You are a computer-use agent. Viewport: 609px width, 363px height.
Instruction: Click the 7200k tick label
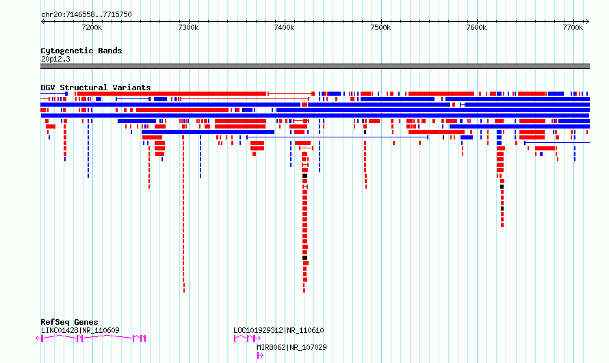[x=92, y=27]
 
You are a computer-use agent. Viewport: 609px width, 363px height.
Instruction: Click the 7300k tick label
[x=188, y=27]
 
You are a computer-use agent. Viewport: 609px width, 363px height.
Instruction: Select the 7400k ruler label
[x=284, y=27]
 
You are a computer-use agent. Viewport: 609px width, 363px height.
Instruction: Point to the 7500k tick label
[x=380, y=27]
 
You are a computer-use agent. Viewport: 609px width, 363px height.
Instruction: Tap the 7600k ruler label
[x=476, y=27]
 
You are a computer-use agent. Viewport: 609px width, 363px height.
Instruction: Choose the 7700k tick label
[x=573, y=27]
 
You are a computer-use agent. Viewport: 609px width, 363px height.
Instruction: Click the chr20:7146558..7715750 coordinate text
[x=86, y=15]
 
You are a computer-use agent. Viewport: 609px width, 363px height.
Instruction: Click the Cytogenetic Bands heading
[x=81, y=51]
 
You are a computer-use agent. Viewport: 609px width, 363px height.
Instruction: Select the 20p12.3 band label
[x=55, y=59]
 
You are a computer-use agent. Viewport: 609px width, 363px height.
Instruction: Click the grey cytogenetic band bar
[x=315, y=66]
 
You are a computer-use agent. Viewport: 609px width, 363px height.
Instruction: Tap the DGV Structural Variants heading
[x=96, y=88]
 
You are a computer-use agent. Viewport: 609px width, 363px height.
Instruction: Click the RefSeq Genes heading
[x=69, y=322]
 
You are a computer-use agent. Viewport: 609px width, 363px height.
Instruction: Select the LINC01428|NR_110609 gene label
[x=80, y=330]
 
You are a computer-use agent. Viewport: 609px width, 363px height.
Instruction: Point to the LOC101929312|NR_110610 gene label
[x=278, y=330]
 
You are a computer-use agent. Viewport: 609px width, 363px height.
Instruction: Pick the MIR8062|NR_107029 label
[x=291, y=347]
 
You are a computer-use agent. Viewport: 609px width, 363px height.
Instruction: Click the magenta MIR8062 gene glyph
[x=260, y=355]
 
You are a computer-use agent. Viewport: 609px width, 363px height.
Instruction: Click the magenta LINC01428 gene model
[x=91, y=338]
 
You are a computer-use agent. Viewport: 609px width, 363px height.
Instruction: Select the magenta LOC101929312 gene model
[x=247, y=338]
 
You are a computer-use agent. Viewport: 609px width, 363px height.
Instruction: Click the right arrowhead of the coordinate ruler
[x=588, y=22]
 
